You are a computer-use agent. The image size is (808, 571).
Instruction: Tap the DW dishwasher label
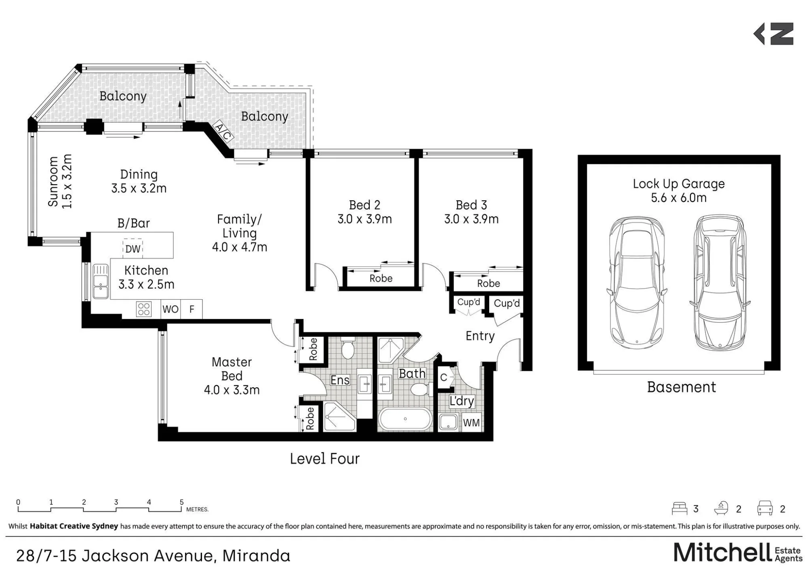[133, 249]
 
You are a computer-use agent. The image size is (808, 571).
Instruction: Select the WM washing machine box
[471, 423]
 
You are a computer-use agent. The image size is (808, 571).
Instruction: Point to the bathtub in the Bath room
[405, 420]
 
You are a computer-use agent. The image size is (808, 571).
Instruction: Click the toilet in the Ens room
[347, 348]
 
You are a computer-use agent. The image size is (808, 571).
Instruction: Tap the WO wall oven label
[170, 309]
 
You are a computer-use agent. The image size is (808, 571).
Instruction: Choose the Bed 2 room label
[365, 205]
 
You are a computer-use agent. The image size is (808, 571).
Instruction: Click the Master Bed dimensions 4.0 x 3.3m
[232, 390]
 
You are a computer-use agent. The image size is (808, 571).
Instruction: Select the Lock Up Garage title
[679, 184]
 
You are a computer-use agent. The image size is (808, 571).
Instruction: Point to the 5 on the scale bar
[182, 502]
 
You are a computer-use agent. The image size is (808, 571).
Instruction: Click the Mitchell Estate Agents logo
[738, 552]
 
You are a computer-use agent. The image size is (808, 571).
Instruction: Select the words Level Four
[325, 459]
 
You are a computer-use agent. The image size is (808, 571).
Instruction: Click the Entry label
[480, 336]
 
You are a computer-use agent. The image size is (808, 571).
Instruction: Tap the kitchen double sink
[101, 281]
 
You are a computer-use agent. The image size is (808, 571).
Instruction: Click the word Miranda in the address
[257, 556]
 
